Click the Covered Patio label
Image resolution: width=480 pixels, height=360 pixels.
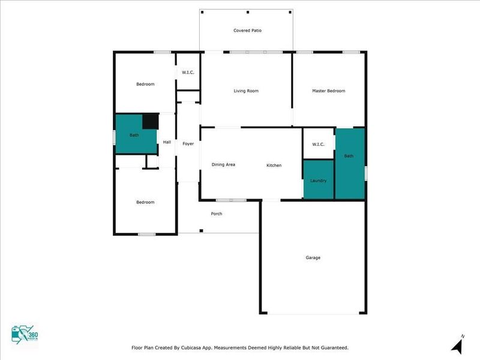click(247, 31)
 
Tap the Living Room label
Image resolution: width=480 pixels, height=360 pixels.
click(246, 91)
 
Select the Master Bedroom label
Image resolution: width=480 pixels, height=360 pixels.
click(328, 91)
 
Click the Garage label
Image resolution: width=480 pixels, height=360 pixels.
click(313, 257)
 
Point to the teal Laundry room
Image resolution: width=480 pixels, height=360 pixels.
click(318, 179)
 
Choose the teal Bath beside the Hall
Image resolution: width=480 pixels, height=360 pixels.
click(134, 136)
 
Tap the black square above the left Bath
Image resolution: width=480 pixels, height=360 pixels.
click(151, 121)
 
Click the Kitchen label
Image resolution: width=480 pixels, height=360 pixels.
click(274, 166)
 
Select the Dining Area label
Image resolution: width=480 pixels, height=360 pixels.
click(223, 164)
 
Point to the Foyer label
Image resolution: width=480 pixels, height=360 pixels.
click(188, 144)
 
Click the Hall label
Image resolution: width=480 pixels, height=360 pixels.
click(167, 142)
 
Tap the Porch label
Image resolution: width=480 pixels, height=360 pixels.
click(216, 214)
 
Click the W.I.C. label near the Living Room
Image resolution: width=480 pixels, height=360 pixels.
click(188, 73)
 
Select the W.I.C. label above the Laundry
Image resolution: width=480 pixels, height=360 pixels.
click(318, 144)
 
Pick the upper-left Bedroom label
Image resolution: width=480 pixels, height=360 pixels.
click(145, 84)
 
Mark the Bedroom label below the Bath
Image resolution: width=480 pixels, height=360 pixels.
click(145, 202)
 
